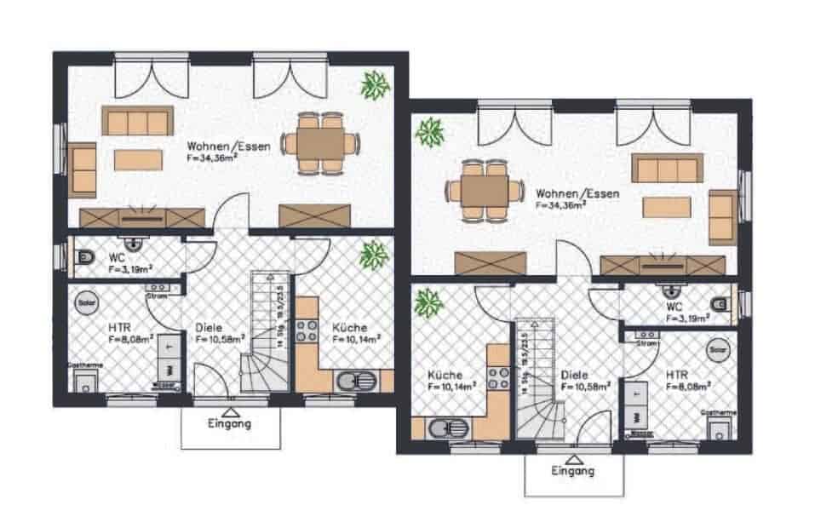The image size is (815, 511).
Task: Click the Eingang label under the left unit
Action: coord(230,423)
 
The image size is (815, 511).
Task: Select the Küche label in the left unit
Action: coord(350,328)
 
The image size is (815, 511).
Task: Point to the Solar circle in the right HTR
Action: coord(719,349)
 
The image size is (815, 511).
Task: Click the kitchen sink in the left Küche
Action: coord(351,381)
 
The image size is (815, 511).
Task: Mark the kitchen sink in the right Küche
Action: coord(445,428)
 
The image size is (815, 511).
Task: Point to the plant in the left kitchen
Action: coord(371,253)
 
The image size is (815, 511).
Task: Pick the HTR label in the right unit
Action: coord(678,374)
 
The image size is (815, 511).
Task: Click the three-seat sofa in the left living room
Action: coord(136,121)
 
